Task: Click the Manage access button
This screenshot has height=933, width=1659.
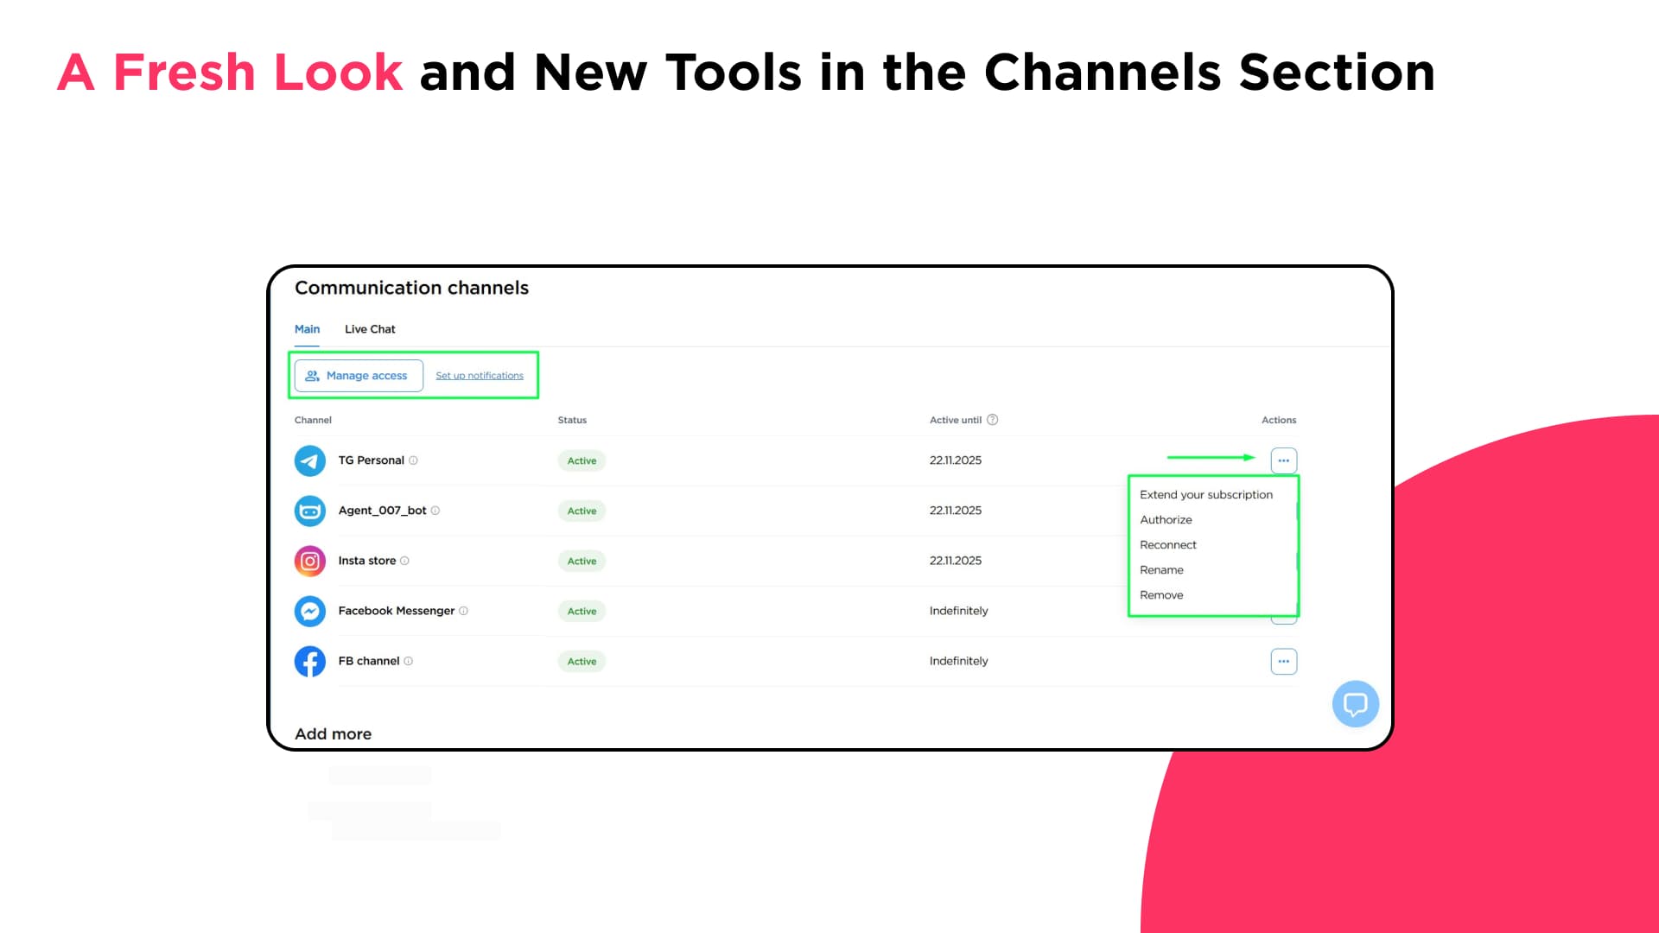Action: click(x=359, y=376)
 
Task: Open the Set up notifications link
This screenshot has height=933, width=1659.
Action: click(x=480, y=376)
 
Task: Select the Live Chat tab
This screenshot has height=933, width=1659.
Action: click(x=370, y=329)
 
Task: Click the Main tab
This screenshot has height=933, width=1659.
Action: click(x=307, y=329)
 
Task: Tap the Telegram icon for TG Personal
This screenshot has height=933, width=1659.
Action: click(x=310, y=460)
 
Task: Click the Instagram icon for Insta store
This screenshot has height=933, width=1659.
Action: click(x=310, y=561)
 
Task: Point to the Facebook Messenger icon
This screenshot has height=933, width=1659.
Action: click(x=310, y=611)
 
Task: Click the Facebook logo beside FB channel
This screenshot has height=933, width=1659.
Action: click(x=310, y=661)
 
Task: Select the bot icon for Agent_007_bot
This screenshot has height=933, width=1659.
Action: click(x=310, y=511)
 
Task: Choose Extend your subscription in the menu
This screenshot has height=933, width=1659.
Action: click(x=1206, y=495)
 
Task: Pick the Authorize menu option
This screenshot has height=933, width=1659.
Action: click(x=1166, y=520)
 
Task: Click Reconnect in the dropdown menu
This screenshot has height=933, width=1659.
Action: click(x=1168, y=545)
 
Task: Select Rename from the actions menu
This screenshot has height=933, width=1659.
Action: click(x=1161, y=570)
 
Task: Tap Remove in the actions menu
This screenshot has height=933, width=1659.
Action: click(x=1161, y=595)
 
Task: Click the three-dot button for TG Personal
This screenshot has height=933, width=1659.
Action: click(x=1284, y=460)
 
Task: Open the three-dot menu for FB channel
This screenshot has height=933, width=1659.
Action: click(x=1284, y=661)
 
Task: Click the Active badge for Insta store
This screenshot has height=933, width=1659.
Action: click(x=582, y=561)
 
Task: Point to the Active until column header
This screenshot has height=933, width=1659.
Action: click(x=956, y=420)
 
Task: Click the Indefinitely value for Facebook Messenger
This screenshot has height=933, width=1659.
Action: click(x=958, y=611)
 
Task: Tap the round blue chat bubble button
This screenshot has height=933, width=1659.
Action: click(x=1355, y=704)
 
